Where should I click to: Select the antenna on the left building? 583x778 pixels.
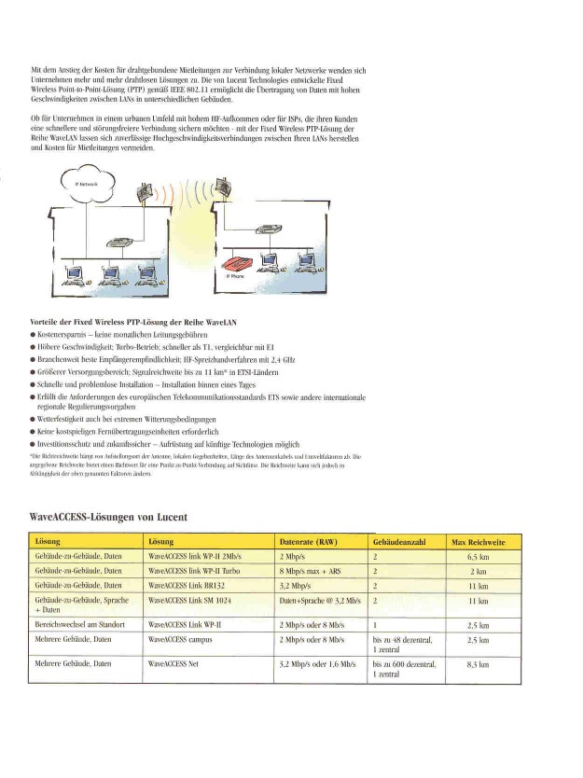146,195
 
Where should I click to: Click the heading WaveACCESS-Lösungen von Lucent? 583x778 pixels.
108,516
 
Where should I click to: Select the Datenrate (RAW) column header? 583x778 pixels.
308,542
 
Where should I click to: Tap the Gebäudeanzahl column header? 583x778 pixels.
398,542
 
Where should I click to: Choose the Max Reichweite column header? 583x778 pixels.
478,542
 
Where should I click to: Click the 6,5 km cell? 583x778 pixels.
478,556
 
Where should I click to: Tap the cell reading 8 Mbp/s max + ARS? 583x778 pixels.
312,570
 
